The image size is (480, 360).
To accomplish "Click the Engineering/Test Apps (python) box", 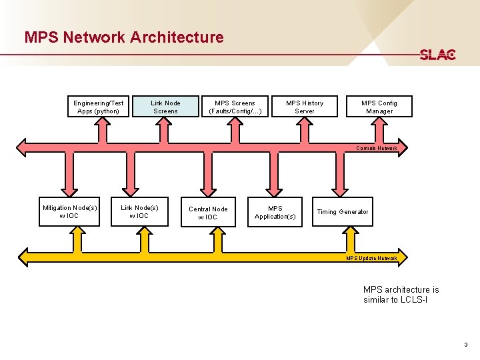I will point(99,107).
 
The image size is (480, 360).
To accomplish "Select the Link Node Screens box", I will point(165,107).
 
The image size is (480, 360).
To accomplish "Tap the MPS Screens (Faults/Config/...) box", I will point(235,107).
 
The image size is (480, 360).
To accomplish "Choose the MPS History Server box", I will point(305,107).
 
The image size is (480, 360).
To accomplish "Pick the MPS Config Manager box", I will point(379,107).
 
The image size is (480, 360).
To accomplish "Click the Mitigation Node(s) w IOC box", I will point(69,212).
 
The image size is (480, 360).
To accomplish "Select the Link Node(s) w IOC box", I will point(139,212).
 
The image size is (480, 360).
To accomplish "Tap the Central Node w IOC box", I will point(208,213).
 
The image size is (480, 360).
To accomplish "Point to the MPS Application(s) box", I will point(275,212).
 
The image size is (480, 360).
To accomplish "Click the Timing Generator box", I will point(342,212).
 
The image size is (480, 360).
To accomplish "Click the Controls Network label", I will point(377,148).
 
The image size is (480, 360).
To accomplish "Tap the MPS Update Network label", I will point(372,258).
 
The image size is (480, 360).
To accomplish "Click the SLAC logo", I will point(437,55).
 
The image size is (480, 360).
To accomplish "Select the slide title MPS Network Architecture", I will point(124,37).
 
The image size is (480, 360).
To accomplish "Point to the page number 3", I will point(466,345).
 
